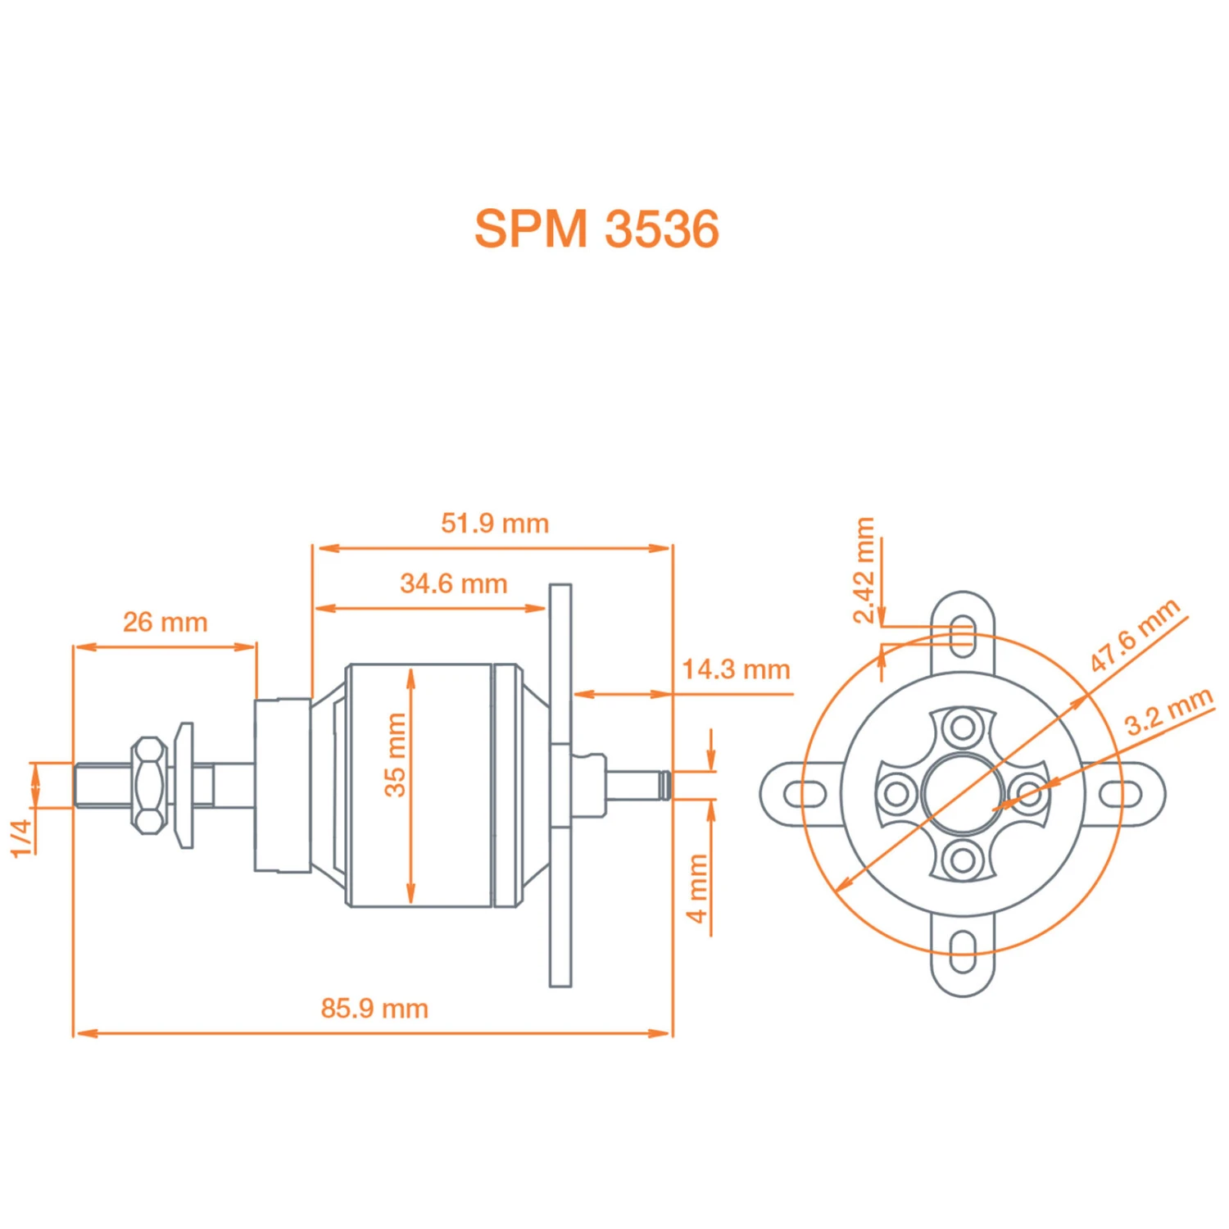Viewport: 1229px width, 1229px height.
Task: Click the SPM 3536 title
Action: tap(596, 228)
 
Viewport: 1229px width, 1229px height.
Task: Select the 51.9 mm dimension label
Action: tap(495, 523)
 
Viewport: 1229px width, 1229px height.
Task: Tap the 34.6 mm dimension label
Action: tap(454, 583)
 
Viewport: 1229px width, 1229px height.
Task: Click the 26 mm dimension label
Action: tap(165, 622)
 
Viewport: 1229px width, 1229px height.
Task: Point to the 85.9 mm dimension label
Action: tap(374, 1008)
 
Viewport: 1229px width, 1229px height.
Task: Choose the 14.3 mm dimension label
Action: tap(736, 669)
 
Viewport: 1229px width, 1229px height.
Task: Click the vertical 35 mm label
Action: tap(395, 755)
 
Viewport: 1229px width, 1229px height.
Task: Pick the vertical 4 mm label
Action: tap(697, 888)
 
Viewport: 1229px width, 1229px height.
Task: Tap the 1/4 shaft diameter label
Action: tap(22, 837)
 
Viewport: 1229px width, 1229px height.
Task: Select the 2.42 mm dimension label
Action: tap(864, 570)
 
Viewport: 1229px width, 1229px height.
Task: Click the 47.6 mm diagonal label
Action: tap(1135, 635)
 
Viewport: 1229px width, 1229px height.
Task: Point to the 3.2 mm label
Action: tap(1168, 711)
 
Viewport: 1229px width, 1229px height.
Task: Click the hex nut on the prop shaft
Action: tap(149, 785)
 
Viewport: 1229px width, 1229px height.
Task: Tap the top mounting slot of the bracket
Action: tap(964, 635)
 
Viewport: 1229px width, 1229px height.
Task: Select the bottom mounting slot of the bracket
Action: tap(964, 952)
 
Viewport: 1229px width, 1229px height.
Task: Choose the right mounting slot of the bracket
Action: tap(1120, 793)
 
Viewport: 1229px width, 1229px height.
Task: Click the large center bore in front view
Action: tap(963, 793)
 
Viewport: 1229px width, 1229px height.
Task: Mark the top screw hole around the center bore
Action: tap(963, 727)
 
